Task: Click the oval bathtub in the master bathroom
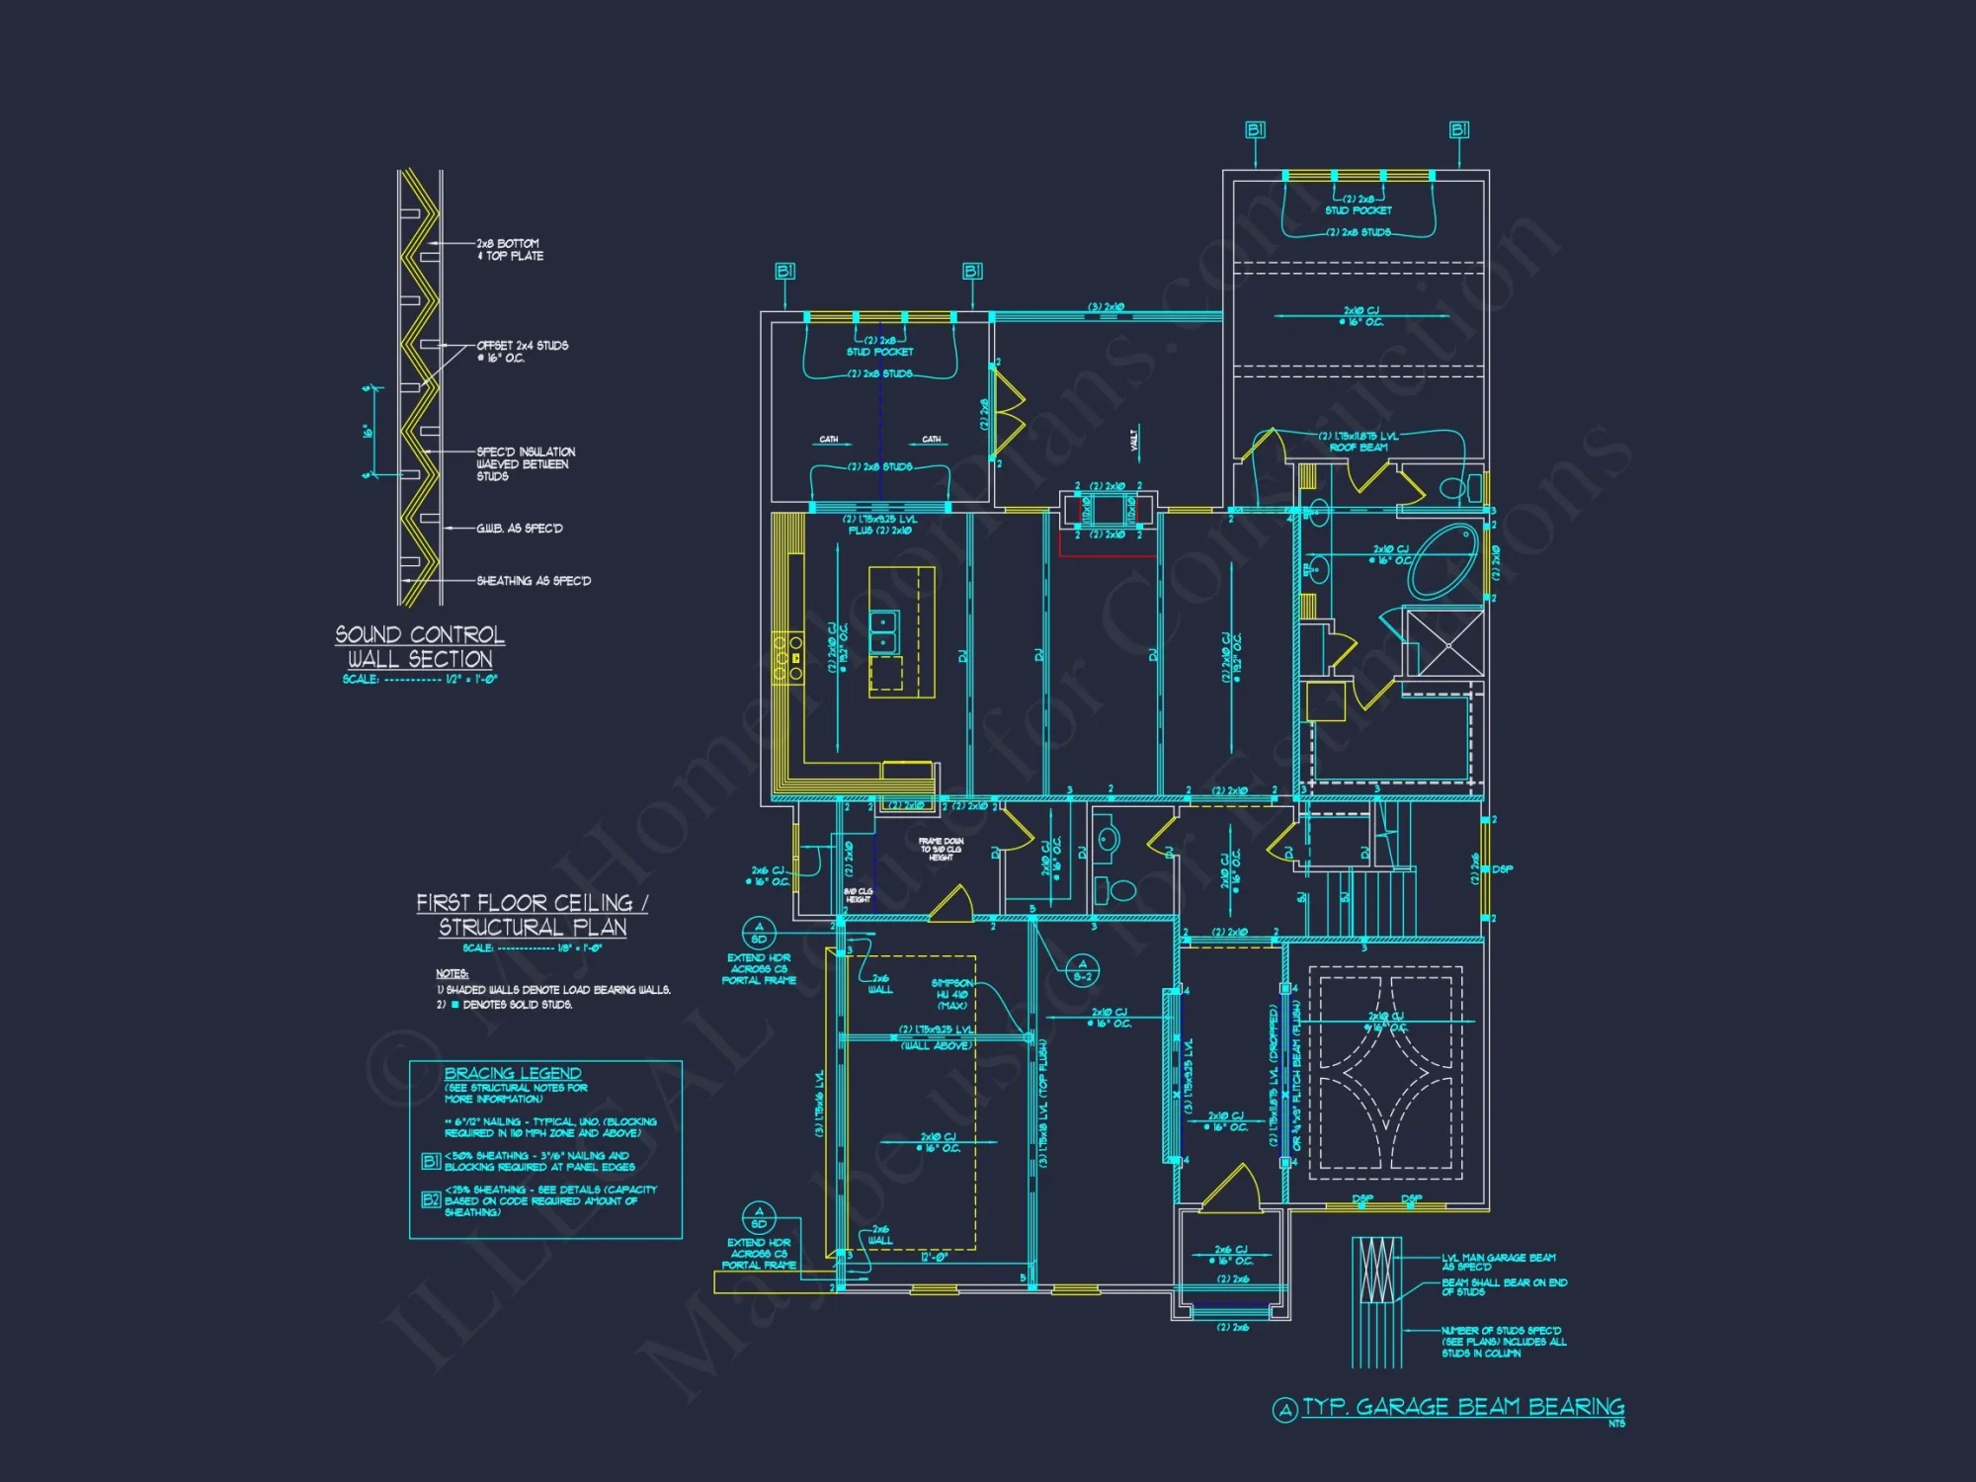1443,561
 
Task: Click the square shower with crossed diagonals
1444,643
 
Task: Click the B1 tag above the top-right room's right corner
1459,130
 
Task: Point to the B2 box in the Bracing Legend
431,1199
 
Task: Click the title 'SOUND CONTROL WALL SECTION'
420,647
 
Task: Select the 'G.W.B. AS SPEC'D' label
519,529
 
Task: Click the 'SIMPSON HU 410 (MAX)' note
952,994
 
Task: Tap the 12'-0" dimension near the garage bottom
934,1258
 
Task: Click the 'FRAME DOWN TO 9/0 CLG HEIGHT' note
941,849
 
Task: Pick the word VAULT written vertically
1134,440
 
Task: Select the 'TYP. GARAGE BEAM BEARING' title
1462,1407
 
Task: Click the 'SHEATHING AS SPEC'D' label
534,581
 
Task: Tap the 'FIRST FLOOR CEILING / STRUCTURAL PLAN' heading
532,915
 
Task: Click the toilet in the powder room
1119,890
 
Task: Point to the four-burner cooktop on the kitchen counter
787,658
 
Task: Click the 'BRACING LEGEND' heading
513,1073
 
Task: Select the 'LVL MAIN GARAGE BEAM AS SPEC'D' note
1498,1262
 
